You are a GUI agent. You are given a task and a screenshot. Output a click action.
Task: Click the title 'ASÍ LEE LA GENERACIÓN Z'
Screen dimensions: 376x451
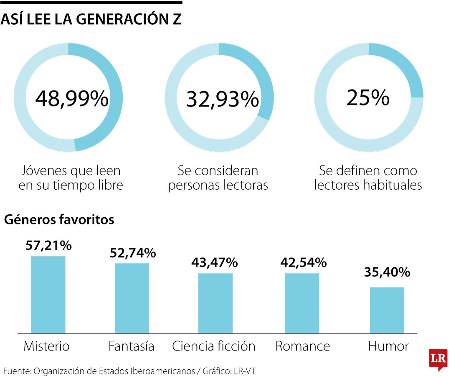[91, 19]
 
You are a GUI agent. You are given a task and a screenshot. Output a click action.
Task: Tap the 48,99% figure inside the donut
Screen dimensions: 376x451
[72, 99]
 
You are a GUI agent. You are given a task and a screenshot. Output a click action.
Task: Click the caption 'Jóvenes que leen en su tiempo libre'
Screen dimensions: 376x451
[71, 178]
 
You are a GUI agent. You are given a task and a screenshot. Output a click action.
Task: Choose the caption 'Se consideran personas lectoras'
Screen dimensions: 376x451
[218, 178]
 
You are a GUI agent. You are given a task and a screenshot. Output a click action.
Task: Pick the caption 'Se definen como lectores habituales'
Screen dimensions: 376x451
[368, 178]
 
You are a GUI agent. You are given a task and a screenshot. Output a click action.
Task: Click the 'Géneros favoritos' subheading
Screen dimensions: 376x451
[59, 220]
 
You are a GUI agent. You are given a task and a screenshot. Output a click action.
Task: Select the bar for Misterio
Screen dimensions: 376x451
[48, 295]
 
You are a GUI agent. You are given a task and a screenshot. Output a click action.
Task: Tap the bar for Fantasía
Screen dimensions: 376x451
[132, 298]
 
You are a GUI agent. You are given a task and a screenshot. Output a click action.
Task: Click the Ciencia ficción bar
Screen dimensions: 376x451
[215, 303]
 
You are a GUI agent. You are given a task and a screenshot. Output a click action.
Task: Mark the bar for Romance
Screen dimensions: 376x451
[302, 303]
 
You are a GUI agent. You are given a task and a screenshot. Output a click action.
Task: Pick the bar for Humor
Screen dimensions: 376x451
[387, 310]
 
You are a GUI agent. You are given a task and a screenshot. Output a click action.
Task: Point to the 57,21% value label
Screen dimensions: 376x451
[48, 245]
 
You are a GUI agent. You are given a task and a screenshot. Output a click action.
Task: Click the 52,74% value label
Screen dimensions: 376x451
[133, 253]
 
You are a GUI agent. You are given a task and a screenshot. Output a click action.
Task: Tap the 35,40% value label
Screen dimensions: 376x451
[387, 273]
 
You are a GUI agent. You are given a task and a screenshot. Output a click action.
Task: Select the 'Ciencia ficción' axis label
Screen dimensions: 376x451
[213, 346]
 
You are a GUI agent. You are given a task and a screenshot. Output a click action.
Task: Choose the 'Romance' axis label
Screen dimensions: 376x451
[303, 346]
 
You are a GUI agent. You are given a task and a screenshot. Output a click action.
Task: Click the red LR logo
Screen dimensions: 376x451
[438, 359]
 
